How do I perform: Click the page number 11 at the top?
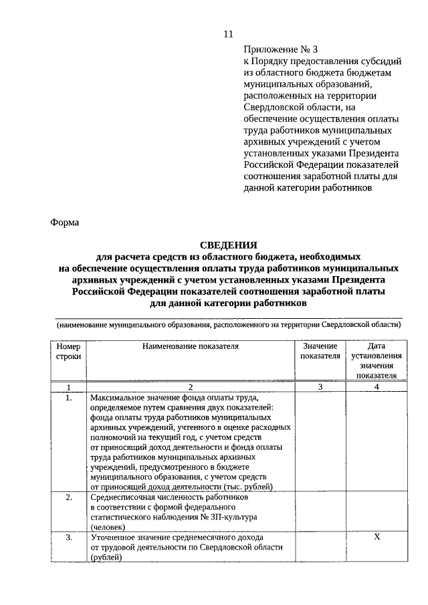[228, 34]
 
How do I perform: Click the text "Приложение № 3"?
[279, 49]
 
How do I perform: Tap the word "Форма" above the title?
[65, 223]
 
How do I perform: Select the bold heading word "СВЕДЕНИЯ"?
[229, 245]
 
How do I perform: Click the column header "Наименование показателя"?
[190, 346]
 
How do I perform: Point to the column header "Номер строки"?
[68, 351]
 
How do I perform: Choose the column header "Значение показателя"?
[320, 351]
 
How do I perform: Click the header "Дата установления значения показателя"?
[377, 360]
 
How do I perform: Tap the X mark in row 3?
[377, 537]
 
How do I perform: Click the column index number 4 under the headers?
[377, 387]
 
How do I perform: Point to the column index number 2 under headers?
[190, 387]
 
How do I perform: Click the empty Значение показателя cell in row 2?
[320, 512]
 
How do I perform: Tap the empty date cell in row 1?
[377, 441]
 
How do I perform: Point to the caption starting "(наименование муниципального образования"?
[228, 325]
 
